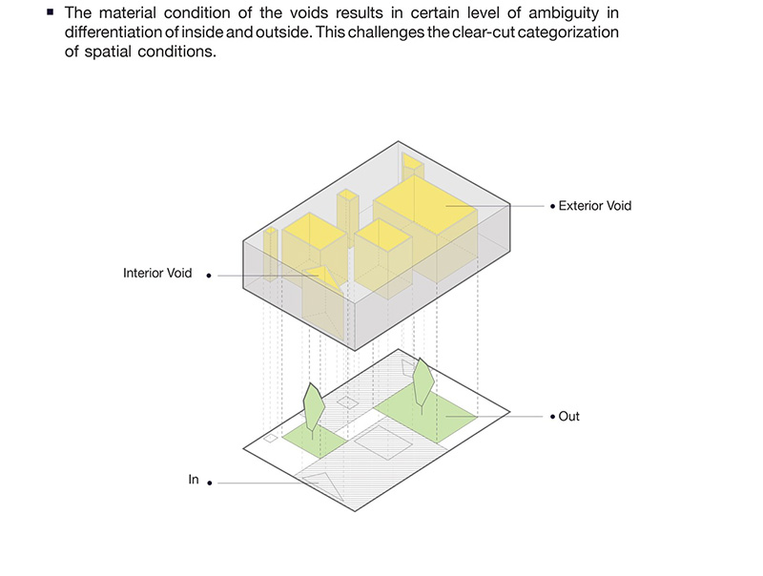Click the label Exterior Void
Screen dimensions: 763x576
594,206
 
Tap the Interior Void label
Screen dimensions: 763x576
157,273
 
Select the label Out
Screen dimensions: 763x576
568,417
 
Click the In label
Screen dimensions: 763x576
194,480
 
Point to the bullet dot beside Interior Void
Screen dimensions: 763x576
209,276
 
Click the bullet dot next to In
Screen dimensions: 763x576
210,483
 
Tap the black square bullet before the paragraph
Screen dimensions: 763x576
51,11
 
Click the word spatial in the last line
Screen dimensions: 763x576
108,51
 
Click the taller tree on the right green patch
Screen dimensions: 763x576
423,386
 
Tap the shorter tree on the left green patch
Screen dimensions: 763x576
314,406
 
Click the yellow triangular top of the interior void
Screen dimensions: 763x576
321,277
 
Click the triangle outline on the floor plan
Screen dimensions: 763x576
322,485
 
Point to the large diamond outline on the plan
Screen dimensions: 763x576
383,442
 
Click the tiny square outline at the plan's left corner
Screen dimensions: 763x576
270,439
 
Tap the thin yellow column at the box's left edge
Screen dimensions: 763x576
271,254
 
